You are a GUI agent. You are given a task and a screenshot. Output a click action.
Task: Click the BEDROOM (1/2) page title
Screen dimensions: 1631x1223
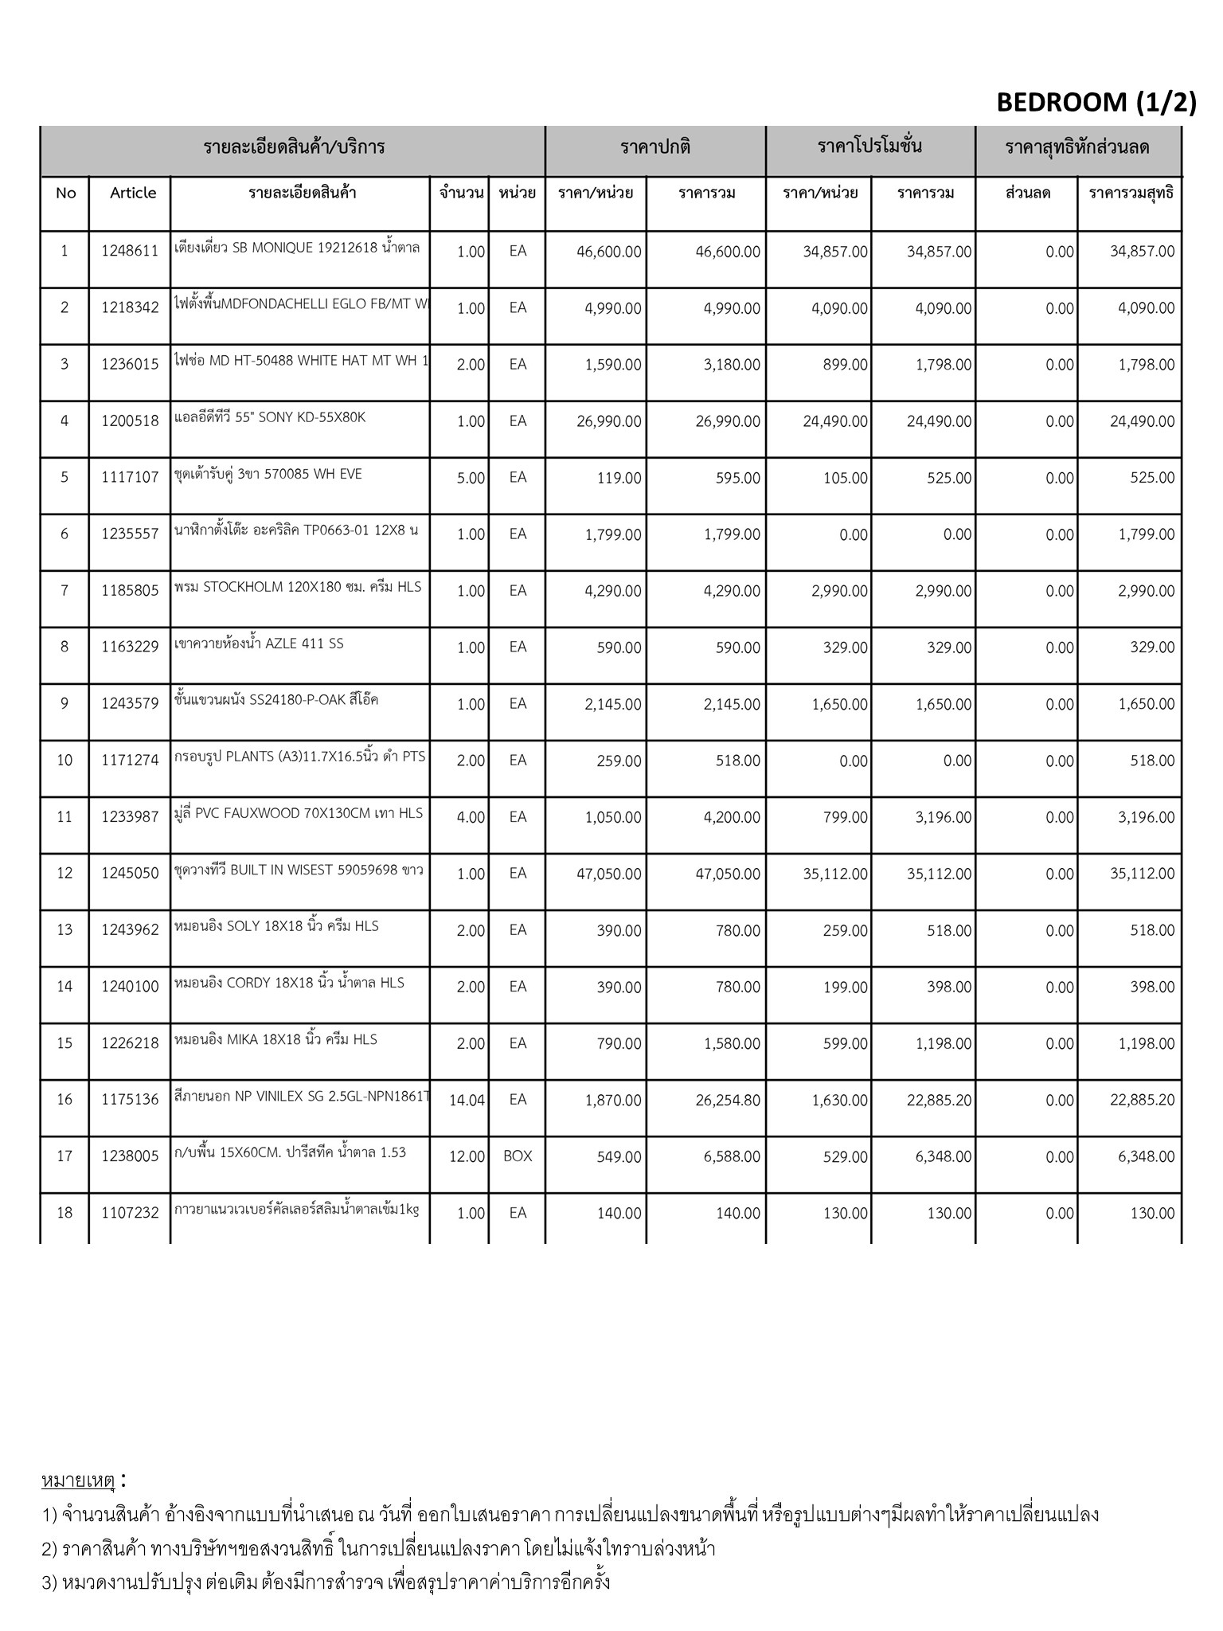[x=1096, y=103]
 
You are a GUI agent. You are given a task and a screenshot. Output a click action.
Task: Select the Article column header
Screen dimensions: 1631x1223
[x=133, y=193]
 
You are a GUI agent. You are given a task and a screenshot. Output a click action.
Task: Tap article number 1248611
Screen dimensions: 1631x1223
[x=130, y=252]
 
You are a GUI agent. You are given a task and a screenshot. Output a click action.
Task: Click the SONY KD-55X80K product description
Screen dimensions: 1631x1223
[x=270, y=417]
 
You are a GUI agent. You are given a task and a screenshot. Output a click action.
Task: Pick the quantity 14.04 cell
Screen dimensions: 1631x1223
[x=467, y=1101]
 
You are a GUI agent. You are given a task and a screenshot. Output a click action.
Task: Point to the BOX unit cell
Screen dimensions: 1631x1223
[x=518, y=1156]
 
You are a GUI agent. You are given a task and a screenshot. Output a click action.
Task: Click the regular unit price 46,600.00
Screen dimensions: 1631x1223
[x=608, y=252]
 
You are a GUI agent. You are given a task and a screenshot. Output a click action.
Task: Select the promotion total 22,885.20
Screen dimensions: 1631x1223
[x=939, y=1101]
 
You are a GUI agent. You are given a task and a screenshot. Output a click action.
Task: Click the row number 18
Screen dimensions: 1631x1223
[x=64, y=1213]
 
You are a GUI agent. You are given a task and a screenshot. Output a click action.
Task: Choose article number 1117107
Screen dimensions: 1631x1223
[x=130, y=478]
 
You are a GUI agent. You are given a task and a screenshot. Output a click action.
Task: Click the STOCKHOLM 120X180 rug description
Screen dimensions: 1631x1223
[x=298, y=587]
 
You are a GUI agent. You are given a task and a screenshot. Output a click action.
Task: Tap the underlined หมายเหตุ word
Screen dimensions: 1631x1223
[x=78, y=1481]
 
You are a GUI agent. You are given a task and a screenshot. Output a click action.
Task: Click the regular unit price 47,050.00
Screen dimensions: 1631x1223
[x=608, y=874]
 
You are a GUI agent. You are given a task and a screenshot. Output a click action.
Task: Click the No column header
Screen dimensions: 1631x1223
[x=65, y=193]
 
